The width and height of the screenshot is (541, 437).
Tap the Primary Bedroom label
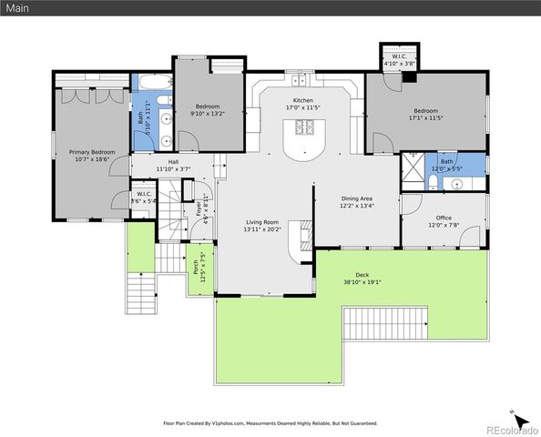click(x=91, y=152)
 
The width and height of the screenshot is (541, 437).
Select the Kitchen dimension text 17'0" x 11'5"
click(x=302, y=108)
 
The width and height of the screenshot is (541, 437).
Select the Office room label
click(x=444, y=218)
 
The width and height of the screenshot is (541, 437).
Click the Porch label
click(x=195, y=267)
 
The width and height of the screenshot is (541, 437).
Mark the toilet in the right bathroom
click(x=431, y=183)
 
